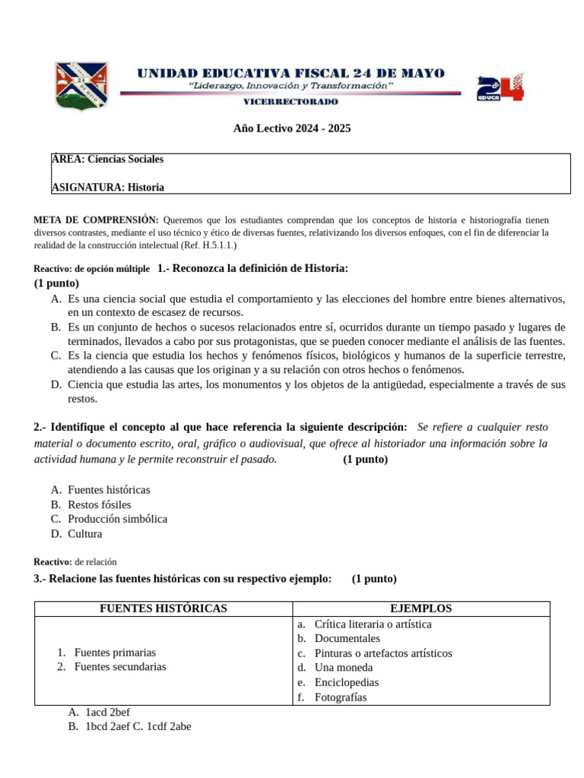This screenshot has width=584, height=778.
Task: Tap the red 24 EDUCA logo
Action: click(x=500, y=87)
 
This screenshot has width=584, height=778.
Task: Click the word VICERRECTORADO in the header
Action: click(x=291, y=101)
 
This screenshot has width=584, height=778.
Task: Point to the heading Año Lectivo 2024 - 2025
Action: click(x=292, y=128)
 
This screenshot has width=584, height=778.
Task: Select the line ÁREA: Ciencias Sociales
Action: click(x=107, y=160)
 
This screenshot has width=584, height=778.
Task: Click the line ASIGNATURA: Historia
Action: click(x=107, y=187)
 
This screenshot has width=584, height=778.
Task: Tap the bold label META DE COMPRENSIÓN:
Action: click(x=96, y=220)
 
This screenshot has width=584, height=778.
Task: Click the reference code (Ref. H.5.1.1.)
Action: click(x=209, y=245)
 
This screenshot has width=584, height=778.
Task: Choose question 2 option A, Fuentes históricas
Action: click(x=109, y=490)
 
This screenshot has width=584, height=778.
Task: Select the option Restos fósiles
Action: click(x=99, y=504)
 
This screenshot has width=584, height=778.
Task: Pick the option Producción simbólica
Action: click(x=117, y=519)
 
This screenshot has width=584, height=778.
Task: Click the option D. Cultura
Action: click(x=84, y=533)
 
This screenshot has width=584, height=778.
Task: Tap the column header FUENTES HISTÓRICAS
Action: click(x=163, y=609)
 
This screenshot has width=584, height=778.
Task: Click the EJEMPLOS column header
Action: click(x=421, y=609)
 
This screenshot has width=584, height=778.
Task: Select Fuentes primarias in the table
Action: click(x=115, y=653)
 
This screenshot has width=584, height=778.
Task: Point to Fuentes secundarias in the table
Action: click(x=119, y=667)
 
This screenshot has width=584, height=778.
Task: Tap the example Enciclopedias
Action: click(x=347, y=682)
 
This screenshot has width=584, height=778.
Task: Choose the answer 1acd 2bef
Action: click(x=107, y=712)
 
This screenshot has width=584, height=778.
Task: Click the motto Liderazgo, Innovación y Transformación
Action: click(x=291, y=86)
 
